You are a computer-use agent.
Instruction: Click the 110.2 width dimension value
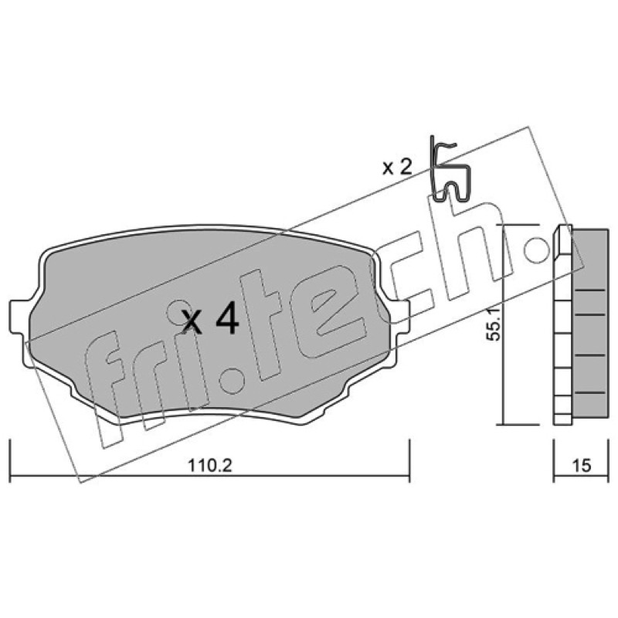click(x=210, y=466)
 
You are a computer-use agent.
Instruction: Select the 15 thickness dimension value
click(x=582, y=466)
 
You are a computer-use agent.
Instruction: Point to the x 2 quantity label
click(x=397, y=168)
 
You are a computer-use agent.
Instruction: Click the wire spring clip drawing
click(x=450, y=169)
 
